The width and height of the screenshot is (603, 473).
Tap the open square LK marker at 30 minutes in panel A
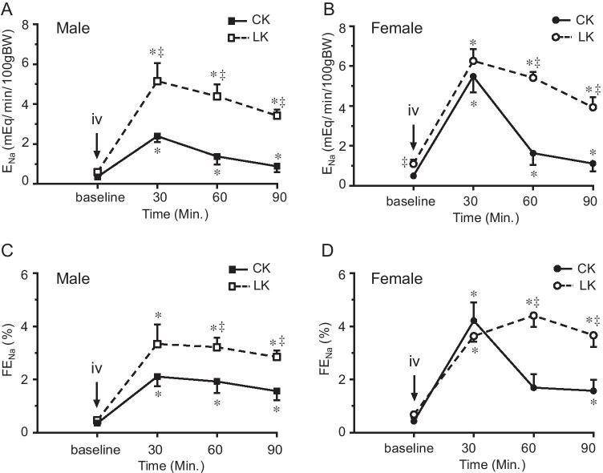158,81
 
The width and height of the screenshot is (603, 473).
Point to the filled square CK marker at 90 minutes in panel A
277,167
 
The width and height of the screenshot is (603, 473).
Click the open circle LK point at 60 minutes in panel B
532,77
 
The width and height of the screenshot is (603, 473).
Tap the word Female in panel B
397,28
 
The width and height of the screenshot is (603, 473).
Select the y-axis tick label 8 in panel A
37,24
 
